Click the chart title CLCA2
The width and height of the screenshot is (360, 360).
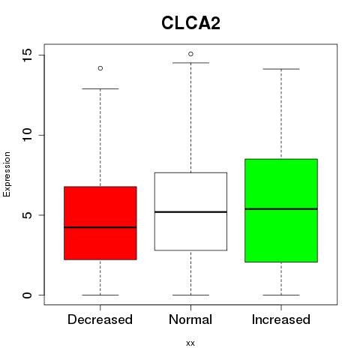point(190,23)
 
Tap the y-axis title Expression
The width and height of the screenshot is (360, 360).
point(7,174)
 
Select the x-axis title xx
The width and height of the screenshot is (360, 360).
point(190,343)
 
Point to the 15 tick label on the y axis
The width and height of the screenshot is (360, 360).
point(27,55)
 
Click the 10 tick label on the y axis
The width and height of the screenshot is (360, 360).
point(27,135)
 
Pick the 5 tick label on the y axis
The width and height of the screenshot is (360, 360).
point(27,215)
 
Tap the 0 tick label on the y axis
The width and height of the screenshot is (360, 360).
point(27,295)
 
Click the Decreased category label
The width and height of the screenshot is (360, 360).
point(100,319)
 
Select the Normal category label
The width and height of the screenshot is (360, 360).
point(190,319)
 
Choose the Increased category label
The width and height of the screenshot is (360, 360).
point(281,319)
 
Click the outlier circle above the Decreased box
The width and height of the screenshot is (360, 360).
point(100,68)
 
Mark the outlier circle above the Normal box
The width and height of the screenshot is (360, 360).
point(190,54)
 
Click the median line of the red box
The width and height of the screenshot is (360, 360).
point(100,227)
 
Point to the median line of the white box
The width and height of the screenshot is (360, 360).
point(190,212)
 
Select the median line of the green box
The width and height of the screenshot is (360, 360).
point(281,208)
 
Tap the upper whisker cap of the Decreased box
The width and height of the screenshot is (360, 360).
point(100,88)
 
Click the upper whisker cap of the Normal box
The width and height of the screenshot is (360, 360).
point(190,63)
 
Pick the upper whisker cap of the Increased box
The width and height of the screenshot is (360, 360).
point(281,69)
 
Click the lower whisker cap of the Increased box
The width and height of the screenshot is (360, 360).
point(281,295)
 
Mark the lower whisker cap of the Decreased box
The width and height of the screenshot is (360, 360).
point(100,295)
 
